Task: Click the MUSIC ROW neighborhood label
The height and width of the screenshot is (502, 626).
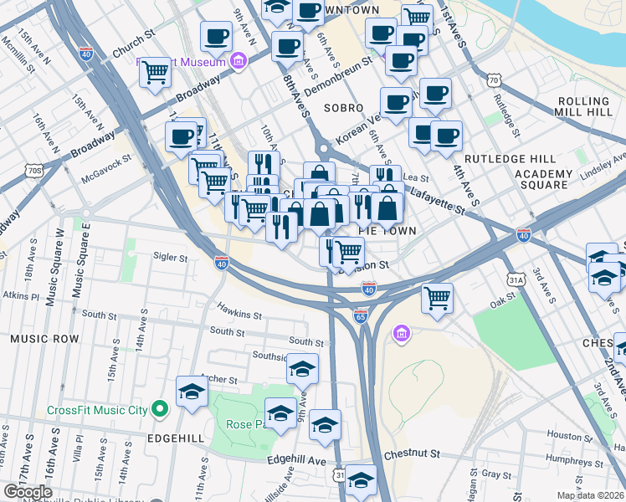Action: pos(44,339)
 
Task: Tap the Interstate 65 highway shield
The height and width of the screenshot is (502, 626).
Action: pos(361,317)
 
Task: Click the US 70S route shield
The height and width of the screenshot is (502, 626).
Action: pos(34,171)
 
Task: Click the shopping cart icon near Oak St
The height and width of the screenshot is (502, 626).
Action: pos(438,297)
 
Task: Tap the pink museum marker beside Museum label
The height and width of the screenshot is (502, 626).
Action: pos(238,61)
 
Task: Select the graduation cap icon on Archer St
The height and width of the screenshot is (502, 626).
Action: pos(192,391)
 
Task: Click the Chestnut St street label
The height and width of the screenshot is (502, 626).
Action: pos(412,454)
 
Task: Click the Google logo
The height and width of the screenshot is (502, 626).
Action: pos(27,492)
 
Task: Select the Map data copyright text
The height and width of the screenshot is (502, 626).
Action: pos(591,495)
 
